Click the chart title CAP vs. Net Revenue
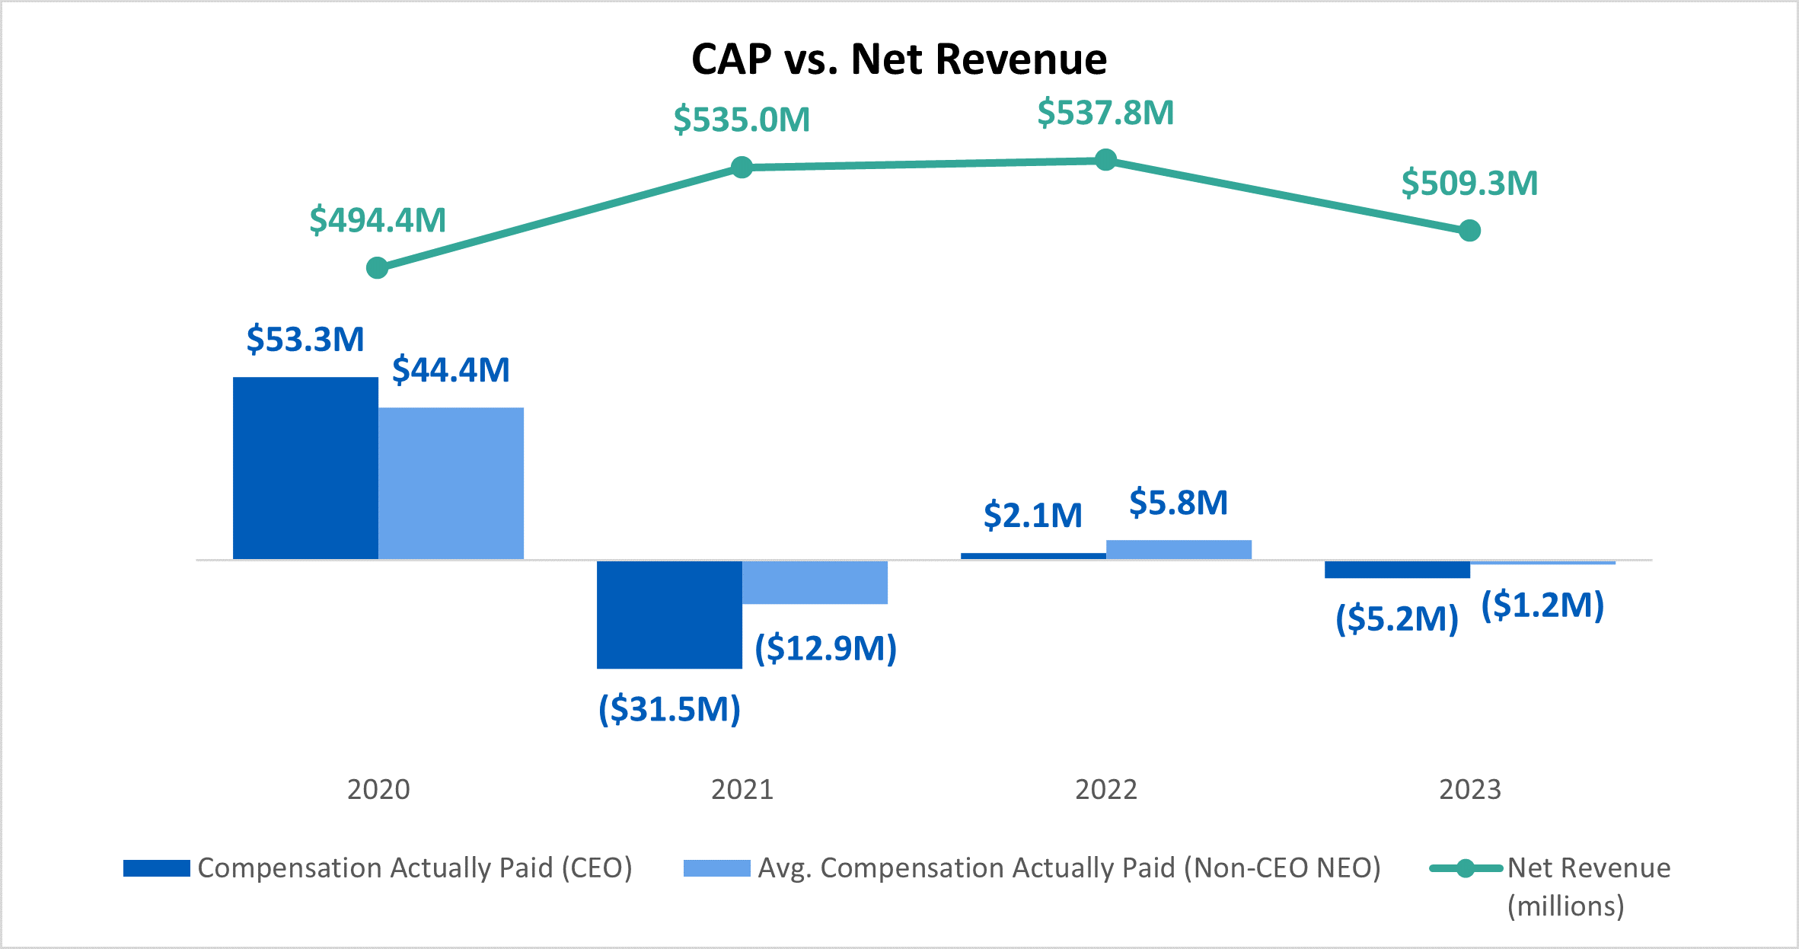click(x=898, y=59)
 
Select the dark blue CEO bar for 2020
click(x=305, y=468)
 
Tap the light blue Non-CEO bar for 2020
click(x=451, y=484)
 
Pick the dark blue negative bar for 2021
click(x=669, y=615)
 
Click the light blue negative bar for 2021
click(x=815, y=583)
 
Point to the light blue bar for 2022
click(x=1179, y=550)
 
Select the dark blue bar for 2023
click(x=1397, y=570)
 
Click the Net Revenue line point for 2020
click(x=378, y=268)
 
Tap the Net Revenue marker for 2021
click(x=742, y=167)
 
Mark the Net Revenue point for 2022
click(x=1105, y=160)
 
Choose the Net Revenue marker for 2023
click(x=1469, y=230)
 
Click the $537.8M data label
click(x=1105, y=113)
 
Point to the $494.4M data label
click(x=378, y=220)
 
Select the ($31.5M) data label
click(x=669, y=709)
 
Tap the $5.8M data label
click(x=1179, y=503)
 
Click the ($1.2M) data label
click(x=1542, y=606)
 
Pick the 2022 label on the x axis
click(x=1105, y=790)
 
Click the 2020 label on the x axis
click(x=378, y=790)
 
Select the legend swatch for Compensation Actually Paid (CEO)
click(x=157, y=868)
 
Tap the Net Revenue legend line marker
click(x=1466, y=868)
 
